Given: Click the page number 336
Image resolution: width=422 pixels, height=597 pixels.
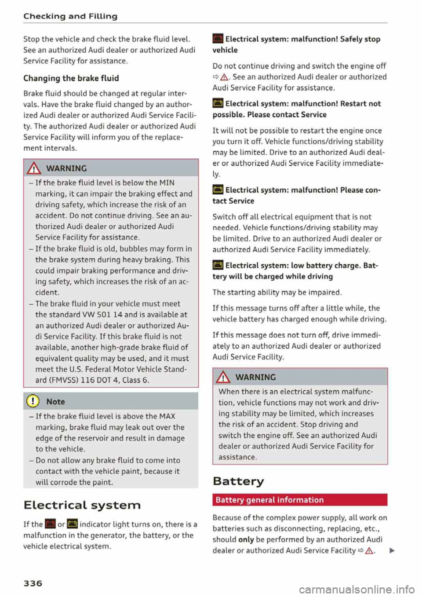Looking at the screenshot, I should pyautogui.click(x=33, y=583).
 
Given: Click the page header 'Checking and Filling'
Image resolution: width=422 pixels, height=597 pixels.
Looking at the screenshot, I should pyautogui.click(x=70, y=16).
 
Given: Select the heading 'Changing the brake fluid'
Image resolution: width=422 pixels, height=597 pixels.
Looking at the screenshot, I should pyautogui.click(x=71, y=78).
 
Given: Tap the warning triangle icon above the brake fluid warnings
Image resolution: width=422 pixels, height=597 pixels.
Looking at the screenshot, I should pyautogui.click(x=34, y=168).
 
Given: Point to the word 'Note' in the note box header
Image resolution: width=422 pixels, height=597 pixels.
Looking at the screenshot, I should pyautogui.click(x=55, y=401).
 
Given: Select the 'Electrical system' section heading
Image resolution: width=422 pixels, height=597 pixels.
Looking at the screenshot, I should pyautogui.click(x=82, y=505).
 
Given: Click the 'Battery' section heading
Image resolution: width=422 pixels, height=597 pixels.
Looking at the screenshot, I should pyautogui.click(x=238, y=481).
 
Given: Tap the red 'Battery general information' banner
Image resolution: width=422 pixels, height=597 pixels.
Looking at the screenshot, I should pyautogui.click(x=300, y=500).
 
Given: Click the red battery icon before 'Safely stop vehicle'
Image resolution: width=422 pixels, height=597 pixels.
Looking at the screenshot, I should pyautogui.click(x=218, y=39).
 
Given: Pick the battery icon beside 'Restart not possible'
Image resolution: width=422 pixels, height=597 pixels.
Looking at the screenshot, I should pyautogui.click(x=218, y=104).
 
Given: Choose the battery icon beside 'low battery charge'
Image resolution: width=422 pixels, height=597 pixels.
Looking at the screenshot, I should pyautogui.click(x=218, y=266).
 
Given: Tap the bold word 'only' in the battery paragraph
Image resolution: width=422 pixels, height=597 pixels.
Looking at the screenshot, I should pyautogui.click(x=246, y=539).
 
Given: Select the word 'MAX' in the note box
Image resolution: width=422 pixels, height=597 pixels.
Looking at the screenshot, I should pyautogui.click(x=167, y=416).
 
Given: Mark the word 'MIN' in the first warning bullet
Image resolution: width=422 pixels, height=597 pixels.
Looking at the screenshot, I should pyautogui.click(x=167, y=182).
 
